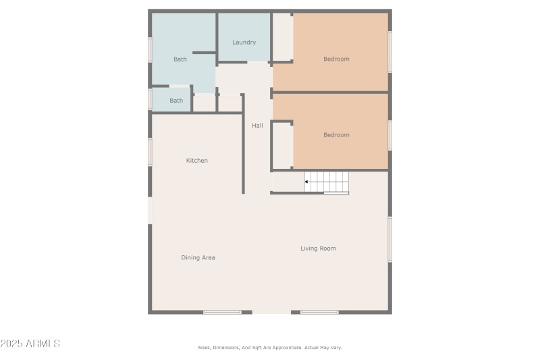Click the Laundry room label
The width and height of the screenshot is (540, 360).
point(244,43)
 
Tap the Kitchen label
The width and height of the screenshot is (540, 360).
point(197,161)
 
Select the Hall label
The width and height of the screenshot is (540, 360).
point(257,126)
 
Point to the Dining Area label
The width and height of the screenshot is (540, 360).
point(198,257)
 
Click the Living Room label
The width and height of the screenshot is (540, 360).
point(318,249)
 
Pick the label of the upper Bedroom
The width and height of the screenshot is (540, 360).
point(336,59)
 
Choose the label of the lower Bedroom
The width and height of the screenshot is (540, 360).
point(336,135)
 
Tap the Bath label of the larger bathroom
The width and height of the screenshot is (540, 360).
point(180,59)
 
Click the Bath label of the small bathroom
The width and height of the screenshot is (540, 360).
point(176,101)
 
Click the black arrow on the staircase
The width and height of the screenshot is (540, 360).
point(307,182)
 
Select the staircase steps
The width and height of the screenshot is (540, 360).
point(328,182)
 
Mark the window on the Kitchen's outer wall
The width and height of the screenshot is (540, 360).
point(150,152)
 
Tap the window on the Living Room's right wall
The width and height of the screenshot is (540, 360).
point(389,239)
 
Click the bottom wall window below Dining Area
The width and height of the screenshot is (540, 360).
point(222,312)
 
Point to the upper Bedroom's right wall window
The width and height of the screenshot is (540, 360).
point(389,51)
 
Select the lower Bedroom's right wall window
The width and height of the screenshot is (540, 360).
point(389,135)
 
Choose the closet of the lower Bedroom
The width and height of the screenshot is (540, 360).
point(282,145)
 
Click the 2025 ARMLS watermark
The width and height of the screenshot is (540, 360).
point(30,344)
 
